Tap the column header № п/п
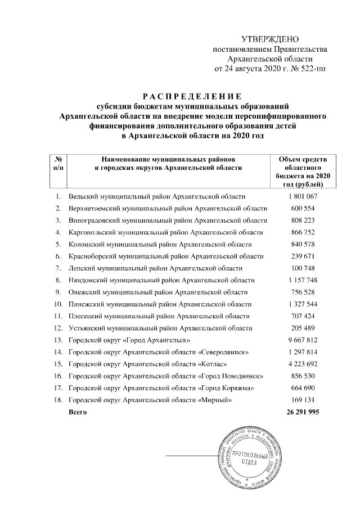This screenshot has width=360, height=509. point(58,163)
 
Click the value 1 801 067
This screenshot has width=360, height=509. point(303,196)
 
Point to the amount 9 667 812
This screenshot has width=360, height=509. point(303,340)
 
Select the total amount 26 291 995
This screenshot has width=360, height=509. point(303,412)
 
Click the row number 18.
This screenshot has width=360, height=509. point(58,400)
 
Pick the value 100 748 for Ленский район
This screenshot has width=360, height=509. point(303,268)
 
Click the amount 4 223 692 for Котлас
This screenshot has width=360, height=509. point(303,364)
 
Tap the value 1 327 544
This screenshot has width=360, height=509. point(303,304)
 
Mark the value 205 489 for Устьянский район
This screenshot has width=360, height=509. point(303,328)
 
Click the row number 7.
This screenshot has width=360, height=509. point(58,268)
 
